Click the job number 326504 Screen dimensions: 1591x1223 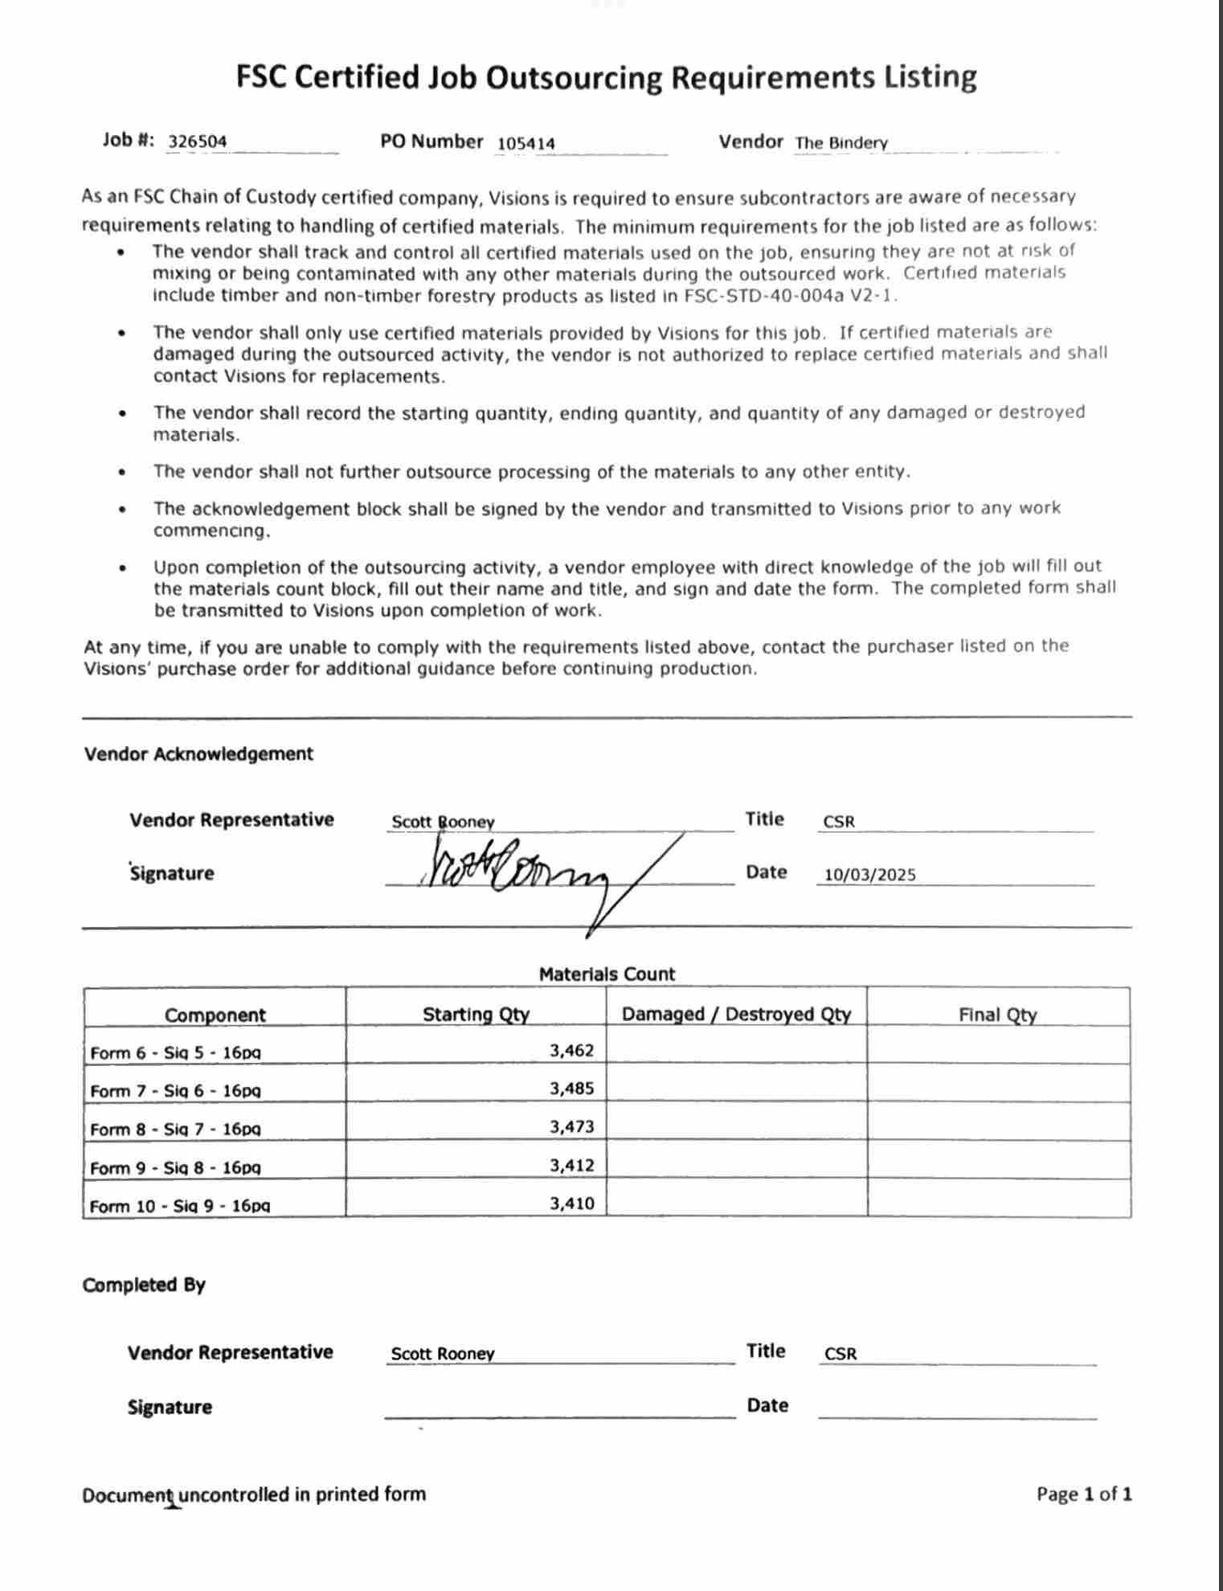tap(198, 141)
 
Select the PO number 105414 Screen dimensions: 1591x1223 tap(526, 143)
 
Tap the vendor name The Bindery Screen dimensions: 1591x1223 tap(841, 143)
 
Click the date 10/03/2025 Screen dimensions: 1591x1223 tap(870, 875)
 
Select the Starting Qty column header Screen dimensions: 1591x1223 tap(476, 1015)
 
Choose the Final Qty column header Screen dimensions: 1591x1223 tap(997, 1015)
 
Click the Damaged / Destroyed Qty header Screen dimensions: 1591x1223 tap(736, 1015)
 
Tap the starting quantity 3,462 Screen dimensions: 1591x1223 tap(571, 1050)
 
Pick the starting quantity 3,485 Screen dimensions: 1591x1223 tap(571, 1089)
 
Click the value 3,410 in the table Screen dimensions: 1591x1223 tap(571, 1204)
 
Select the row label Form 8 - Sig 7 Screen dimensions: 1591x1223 tap(175, 1129)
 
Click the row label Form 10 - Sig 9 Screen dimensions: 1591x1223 tap(180, 1206)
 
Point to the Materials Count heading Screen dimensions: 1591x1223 tap(607, 974)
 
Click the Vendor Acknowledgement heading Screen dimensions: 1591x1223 tap(198, 754)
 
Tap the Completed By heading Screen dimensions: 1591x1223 tap(144, 1285)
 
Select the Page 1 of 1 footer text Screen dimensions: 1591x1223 tap(1084, 1495)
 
